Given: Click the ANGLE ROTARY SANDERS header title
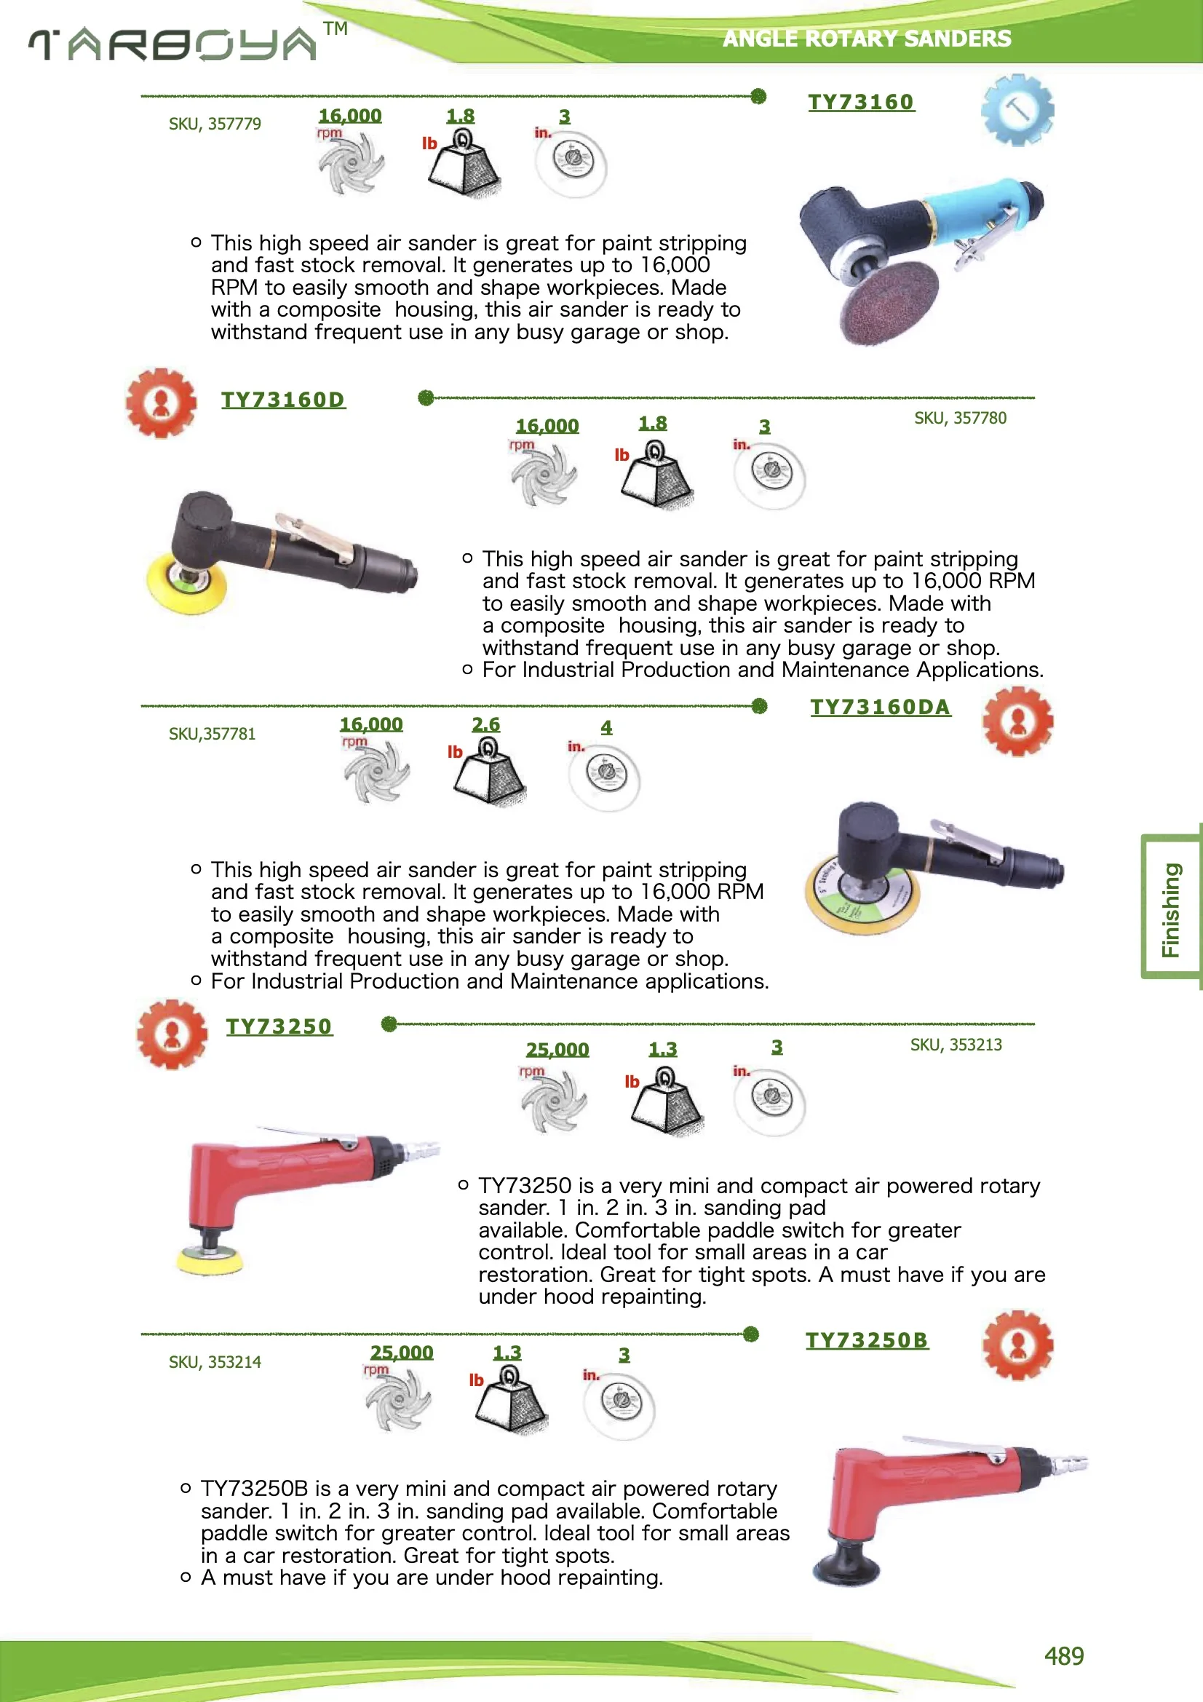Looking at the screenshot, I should [x=866, y=39].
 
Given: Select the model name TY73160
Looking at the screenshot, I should [x=860, y=103].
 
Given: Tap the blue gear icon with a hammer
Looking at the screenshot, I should [x=1017, y=110].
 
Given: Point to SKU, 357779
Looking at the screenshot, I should [x=215, y=124].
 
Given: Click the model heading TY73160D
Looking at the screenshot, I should [x=283, y=400].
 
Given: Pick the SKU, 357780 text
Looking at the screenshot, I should [x=960, y=418].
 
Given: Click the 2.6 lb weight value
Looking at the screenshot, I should [x=485, y=724].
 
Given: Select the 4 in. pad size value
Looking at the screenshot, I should [x=606, y=727].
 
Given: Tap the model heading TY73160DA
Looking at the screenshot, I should [x=880, y=707].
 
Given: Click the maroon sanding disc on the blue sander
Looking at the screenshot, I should [x=888, y=304].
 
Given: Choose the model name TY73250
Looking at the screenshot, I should [x=279, y=1026].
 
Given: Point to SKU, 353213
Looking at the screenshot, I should [x=956, y=1045].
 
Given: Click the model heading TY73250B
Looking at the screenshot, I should [x=867, y=1340].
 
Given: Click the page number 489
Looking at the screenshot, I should [x=1064, y=1655].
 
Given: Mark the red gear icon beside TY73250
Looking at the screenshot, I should [x=172, y=1034].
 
